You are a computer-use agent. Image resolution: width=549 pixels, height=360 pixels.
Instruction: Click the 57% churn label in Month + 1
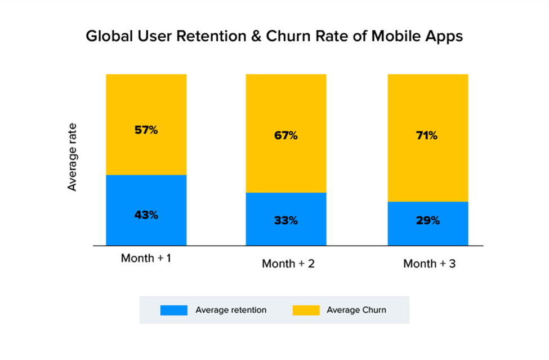click(146, 130)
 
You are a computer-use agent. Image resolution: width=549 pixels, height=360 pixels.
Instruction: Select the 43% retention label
click(146, 215)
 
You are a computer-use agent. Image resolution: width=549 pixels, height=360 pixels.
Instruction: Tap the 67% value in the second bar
click(285, 136)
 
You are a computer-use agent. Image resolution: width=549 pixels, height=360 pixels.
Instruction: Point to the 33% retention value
click(285, 220)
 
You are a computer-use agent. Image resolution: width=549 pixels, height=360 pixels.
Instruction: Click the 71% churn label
click(427, 136)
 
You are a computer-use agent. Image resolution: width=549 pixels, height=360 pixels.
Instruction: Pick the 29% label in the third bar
click(427, 220)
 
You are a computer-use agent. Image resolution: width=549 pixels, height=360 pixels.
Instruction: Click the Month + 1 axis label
click(145, 258)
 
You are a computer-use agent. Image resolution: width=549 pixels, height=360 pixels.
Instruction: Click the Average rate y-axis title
click(72, 156)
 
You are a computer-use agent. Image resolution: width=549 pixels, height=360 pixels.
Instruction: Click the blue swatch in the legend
click(173, 310)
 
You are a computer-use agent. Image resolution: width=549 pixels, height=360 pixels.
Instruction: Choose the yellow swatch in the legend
click(306, 310)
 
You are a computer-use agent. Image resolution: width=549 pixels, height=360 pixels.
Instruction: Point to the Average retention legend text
click(231, 310)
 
